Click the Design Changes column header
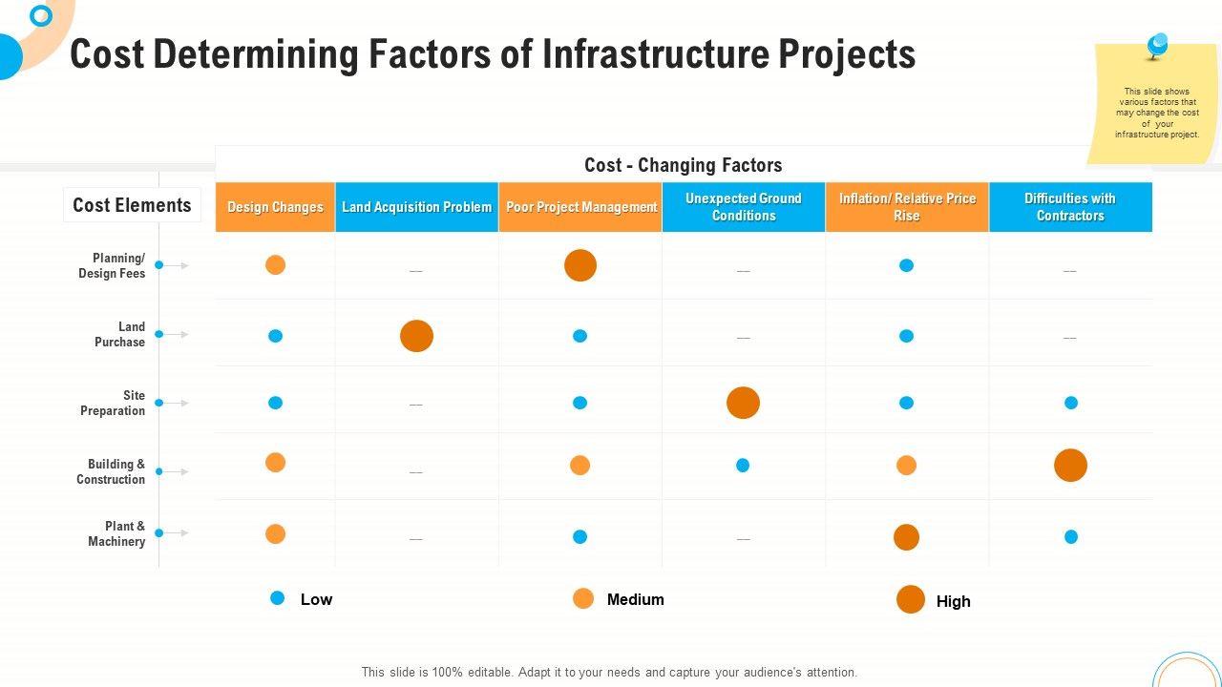(x=275, y=207)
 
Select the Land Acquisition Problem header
(x=416, y=207)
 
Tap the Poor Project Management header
(x=580, y=207)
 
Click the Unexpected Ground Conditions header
(x=744, y=207)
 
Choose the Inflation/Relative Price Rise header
(x=907, y=207)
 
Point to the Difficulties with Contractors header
(x=1070, y=207)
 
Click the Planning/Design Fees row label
(x=113, y=265)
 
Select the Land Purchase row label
(x=120, y=334)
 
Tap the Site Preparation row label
(x=114, y=403)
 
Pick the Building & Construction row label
(x=112, y=471)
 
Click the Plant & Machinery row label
(x=117, y=533)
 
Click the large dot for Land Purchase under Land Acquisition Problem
(x=416, y=336)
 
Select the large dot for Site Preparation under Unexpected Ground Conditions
(x=743, y=403)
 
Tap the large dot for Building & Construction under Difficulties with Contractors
(x=1070, y=465)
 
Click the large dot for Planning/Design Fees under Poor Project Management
(x=580, y=265)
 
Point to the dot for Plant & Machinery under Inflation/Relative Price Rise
(x=906, y=537)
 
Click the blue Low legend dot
(x=277, y=598)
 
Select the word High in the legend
(x=953, y=601)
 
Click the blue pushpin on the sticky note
(x=1157, y=45)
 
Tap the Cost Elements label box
(x=132, y=205)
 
